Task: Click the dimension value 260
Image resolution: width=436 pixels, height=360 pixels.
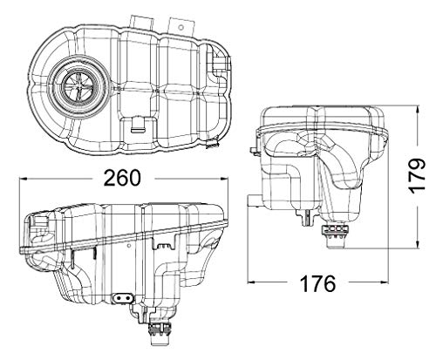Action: click(122, 178)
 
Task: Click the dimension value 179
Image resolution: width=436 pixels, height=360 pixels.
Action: click(417, 176)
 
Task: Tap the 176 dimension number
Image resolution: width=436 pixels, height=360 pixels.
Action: click(317, 284)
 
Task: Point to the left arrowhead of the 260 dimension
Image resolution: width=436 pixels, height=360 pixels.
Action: click(24, 179)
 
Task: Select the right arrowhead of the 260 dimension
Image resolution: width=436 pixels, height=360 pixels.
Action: click(224, 179)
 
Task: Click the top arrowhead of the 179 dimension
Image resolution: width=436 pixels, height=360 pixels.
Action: click(418, 110)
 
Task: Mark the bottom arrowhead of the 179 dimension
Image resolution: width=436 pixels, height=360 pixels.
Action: click(418, 244)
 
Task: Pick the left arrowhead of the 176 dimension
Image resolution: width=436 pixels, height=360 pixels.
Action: click(252, 282)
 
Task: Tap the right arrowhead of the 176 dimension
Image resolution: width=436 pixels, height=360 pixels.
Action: click(385, 282)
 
